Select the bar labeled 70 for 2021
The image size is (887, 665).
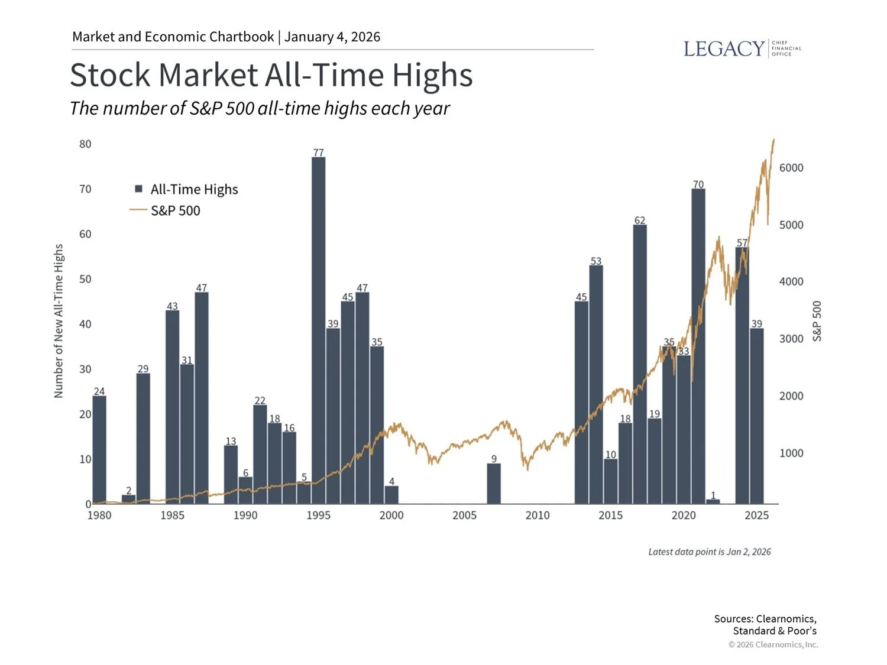click(x=698, y=346)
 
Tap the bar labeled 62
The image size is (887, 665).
click(x=639, y=364)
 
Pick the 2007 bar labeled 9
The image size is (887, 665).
click(x=494, y=484)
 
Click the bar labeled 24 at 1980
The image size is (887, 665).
click(x=99, y=449)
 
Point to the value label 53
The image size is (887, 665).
click(x=595, y=261)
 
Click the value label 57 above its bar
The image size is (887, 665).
click(x=742, y=243)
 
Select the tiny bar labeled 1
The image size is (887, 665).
click(x=713, y=501)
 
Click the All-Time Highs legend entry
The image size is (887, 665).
click(x=187, y=189)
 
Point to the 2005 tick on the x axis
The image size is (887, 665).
click(x=464, y=515)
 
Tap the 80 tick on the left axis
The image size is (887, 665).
click(x=85, y=144)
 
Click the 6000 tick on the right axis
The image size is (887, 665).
click(x=791, y=168)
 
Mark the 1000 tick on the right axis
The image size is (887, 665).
click(x=791, y=453)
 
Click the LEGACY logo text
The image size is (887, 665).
click(x=724, y=48)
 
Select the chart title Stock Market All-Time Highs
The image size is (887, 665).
click(x=271, y=75)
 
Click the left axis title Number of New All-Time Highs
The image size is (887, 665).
click(x=59, y=321)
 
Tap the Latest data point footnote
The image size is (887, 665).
click(x=709, y=552)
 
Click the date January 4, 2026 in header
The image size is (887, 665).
click(x=332, y=37)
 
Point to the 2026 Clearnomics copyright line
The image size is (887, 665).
click(x=773, y=644)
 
